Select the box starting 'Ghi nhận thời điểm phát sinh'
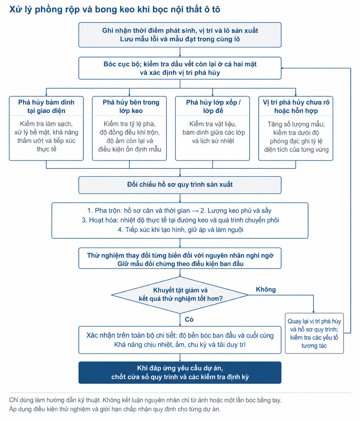(180, 35)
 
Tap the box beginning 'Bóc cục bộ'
(180, 68)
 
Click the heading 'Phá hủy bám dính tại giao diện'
(46, 106)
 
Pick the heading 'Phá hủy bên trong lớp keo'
(131, 106)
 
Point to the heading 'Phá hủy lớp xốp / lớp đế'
(213, 106)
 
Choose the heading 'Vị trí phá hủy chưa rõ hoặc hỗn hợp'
(296, 106)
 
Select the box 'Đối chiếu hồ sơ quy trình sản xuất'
(180, 185)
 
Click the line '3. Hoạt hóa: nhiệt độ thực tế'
(180, 220)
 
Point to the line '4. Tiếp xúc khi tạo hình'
(180, 229)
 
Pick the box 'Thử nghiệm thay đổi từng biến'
(180, 258)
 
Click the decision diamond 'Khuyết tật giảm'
(180, 295)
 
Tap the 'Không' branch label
(266, 289)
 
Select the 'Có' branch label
(189, 319)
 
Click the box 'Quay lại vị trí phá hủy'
(314, 333)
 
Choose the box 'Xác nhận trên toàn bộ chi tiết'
(180, 340)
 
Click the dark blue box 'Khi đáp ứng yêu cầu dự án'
(180, 373)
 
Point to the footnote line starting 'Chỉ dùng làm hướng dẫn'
(145, 400)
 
